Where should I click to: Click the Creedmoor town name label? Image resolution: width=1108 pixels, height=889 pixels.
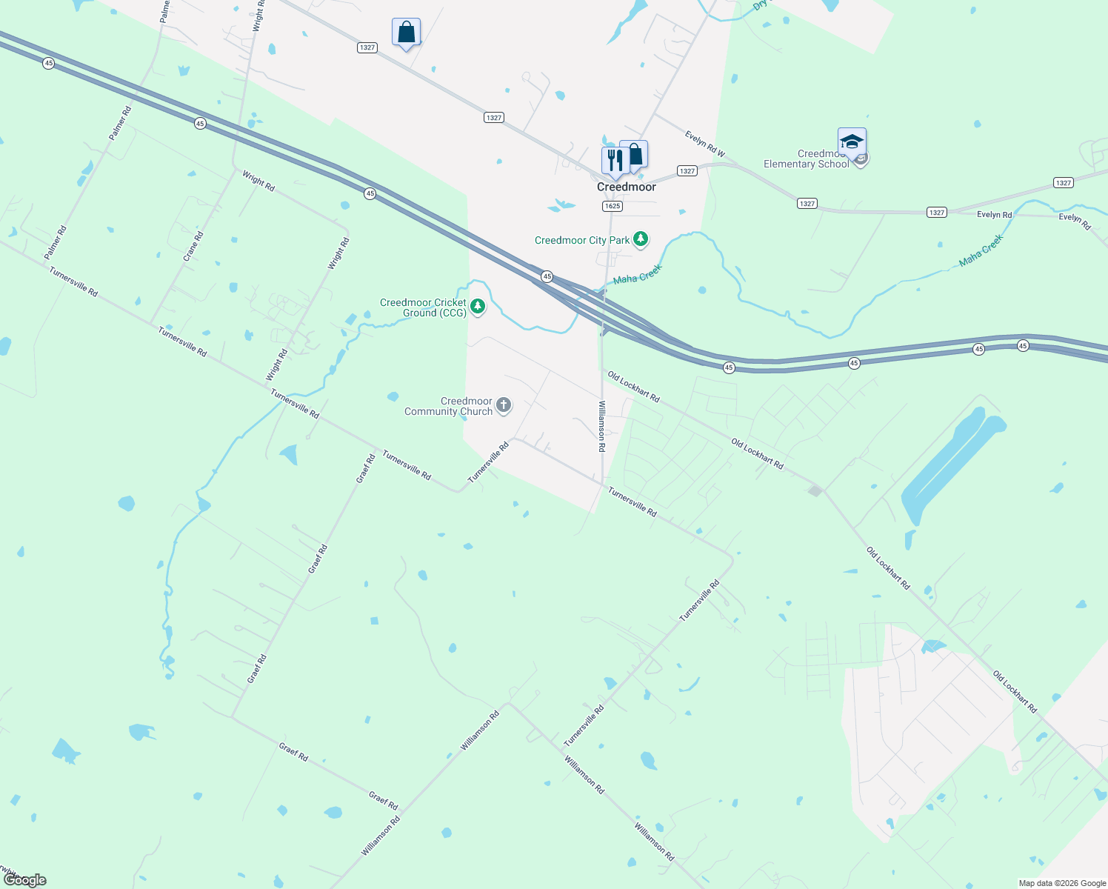[x=627, y=187]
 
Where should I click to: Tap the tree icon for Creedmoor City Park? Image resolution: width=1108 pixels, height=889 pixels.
[x=641, y=239]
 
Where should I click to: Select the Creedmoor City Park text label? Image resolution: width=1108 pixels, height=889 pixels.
[x=582, y=240]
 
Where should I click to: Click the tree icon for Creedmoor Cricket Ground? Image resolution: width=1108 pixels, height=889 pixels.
[x=478, y=306]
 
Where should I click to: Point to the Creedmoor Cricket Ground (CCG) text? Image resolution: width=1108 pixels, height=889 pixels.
[x=424, y=307]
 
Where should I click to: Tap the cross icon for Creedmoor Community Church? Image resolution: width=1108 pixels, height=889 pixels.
[x=504, y=404]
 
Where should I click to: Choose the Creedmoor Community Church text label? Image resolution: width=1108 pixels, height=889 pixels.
[x=449, y=406]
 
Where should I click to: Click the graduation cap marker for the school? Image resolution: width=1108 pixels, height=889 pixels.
[x=852, y=141]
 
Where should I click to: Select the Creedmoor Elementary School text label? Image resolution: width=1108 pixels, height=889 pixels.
[x=807, y=159]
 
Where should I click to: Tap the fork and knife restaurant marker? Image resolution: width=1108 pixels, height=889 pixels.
[x=615, y=159]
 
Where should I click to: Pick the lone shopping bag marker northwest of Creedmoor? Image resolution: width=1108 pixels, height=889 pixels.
[x=406, y=32]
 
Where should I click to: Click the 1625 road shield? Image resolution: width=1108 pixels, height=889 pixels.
[x=612, y=206]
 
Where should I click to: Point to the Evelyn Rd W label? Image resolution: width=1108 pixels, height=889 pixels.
[x=704, y=144]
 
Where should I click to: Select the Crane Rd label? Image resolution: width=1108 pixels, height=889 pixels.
[x=193, y=246]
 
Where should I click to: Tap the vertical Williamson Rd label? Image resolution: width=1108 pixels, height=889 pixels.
[x=602, y=426]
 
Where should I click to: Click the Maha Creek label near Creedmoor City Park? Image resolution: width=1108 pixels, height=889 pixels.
[x=637, y=275]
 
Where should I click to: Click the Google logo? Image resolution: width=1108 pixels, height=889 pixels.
[x=26, y=879]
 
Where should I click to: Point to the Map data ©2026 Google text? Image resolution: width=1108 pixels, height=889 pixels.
[x=1061, y=883]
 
